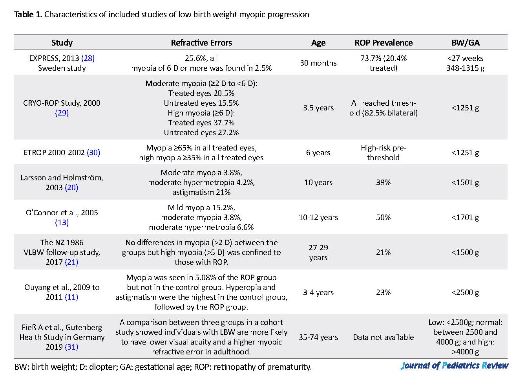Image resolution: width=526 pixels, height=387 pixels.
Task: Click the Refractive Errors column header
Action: pyautogui.click(x=201, y=42)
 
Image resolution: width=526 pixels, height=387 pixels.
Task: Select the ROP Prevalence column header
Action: pyautogui.click(x=384, y=42)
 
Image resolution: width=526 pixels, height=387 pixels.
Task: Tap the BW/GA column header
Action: pyautogui.click(x=466, y=42)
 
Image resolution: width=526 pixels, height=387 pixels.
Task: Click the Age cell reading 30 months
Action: pyautogui.click(x=318, y=63)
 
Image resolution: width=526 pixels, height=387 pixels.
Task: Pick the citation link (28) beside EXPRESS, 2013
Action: pyautogui.click(x=88, y=58)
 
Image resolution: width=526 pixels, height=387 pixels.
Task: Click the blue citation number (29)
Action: pyautogui.click(x=62, y=113)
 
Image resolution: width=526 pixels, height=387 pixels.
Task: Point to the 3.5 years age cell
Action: pyautogui.click(x=318, y=108)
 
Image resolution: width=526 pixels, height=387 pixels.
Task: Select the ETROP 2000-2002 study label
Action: pyautogui.click(x=54, y=153)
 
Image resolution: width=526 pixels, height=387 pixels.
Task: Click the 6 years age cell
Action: pyautogui.click(x=318, y=153)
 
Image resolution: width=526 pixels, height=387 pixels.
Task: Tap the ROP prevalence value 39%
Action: pyautogui.click(x=383, y=183)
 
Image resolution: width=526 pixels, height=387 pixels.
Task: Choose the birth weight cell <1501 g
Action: pyautogui.click(x=466, y=183)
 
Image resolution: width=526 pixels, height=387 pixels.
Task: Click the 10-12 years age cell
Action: pyautogui.click(x=318, y=218)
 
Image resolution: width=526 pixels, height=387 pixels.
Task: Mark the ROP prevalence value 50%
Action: pyautogui.click(x=383, y=218)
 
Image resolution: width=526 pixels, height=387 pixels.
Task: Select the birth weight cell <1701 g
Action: pyautogui.click(x=466, y=218)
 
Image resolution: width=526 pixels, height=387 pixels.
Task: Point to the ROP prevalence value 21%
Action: pyautogui.click(x=383, y=253)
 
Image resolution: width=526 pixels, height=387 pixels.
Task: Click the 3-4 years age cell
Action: pyautogui.click(x=318, y=293)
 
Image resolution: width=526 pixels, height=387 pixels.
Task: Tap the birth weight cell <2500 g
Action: pyautogui.click(x=466, y=293)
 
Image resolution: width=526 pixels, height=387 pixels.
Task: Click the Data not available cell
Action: pyautogui.click(x=384, y=337)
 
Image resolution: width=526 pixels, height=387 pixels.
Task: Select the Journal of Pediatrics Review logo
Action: pyautogui.click(x=455, y=366)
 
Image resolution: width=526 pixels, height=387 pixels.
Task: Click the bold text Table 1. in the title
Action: pyautogui.click(x=28, y=15)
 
